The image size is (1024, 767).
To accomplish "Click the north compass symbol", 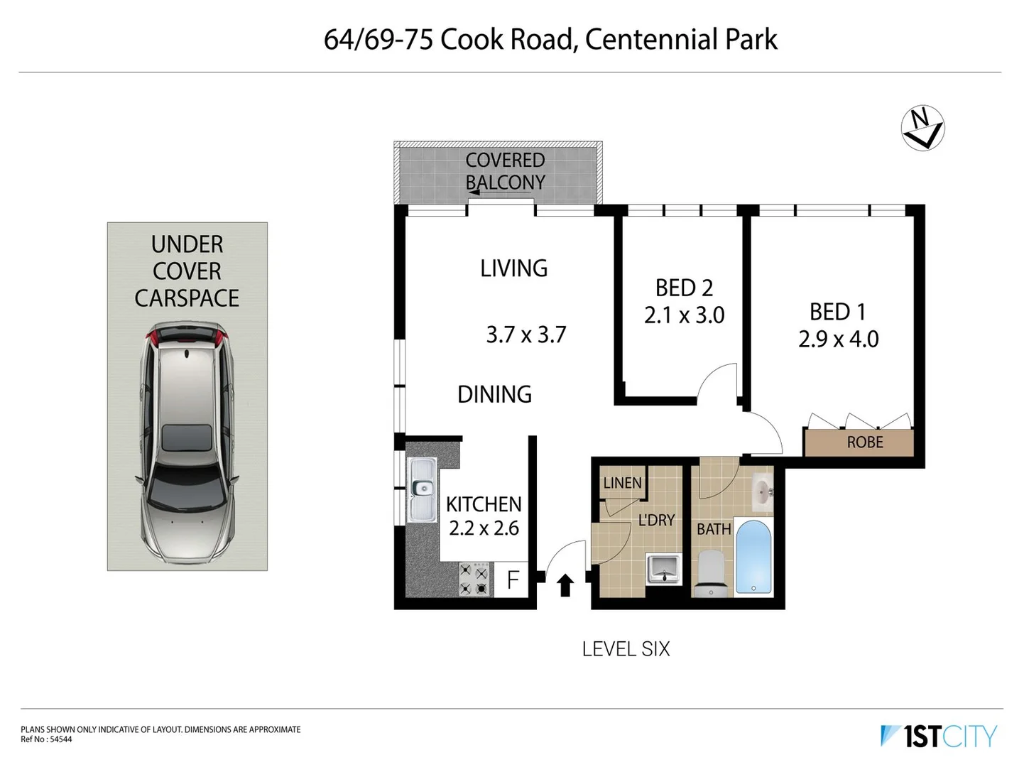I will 922,129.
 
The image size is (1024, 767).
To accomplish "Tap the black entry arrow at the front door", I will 565,585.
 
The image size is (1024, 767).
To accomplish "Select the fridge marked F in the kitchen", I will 513,580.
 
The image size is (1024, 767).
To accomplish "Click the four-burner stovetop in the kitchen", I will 474,580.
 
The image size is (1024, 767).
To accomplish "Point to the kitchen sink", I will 423,489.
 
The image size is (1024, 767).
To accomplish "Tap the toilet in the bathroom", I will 712,572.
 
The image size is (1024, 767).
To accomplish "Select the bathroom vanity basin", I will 762,490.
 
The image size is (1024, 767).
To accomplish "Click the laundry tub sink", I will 664,569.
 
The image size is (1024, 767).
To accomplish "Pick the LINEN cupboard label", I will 622,483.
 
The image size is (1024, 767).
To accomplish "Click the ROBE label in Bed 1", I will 864,442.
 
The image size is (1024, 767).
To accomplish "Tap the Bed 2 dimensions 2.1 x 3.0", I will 684,315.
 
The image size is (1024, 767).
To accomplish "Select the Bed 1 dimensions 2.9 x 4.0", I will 838,339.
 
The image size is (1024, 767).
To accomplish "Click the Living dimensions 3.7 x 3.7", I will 525,334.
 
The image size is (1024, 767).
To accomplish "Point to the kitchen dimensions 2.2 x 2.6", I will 484,528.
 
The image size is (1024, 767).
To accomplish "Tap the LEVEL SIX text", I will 626,649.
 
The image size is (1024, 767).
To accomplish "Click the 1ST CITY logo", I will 939,736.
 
